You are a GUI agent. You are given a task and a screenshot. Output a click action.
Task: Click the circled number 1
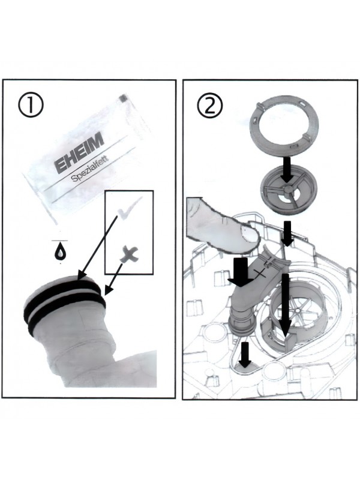click(31, 104)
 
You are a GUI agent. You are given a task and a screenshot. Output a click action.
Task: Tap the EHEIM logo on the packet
click(79, 155)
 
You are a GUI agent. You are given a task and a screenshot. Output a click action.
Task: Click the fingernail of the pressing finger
click(250, 235)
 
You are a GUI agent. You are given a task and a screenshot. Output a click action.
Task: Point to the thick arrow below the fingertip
click(241, 272)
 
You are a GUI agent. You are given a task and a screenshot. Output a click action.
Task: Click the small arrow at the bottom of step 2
click(245, 355)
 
